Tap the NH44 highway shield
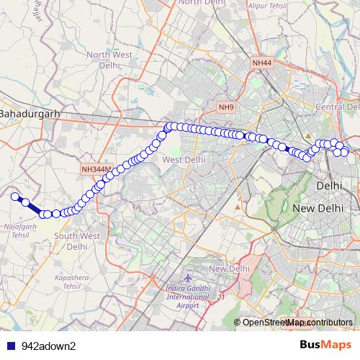(261, 64)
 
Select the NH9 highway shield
(226, 107)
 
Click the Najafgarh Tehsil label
(20, 230)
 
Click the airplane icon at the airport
(189, 277)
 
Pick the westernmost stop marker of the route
(14, 195)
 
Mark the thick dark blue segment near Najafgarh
(32, 207)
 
